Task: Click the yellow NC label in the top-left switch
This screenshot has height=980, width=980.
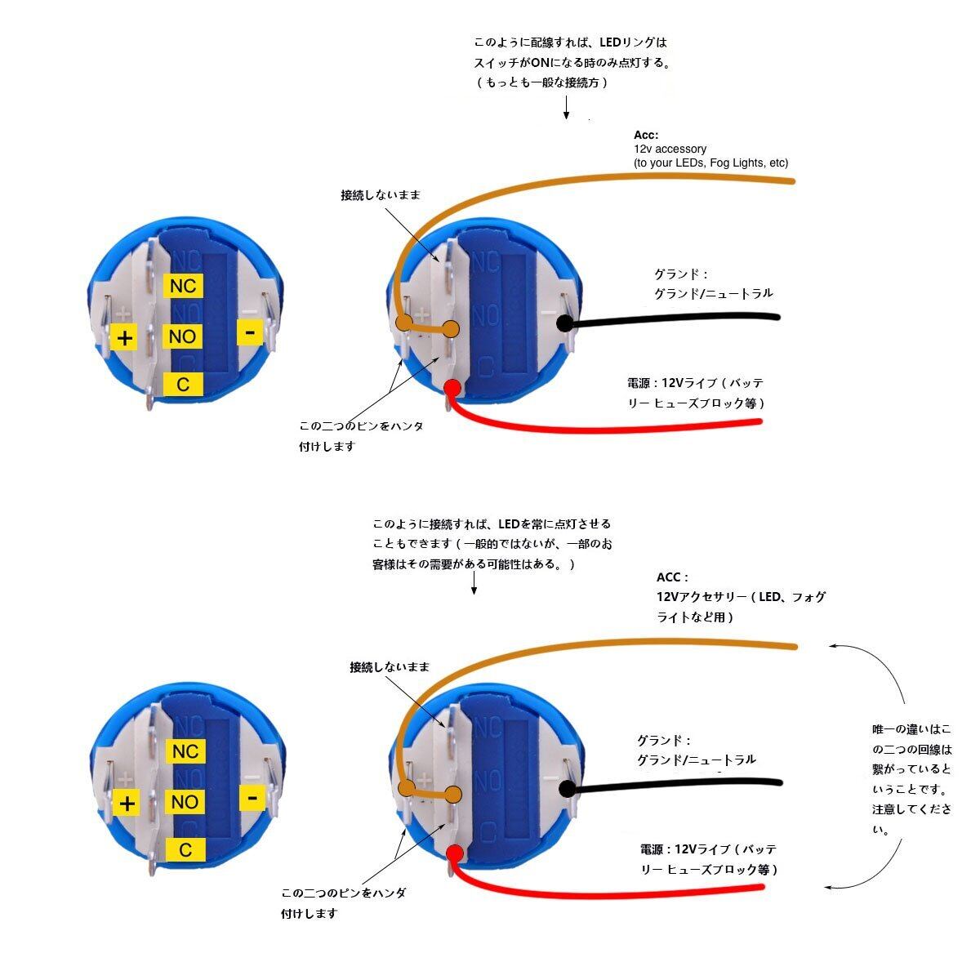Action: [183, 286]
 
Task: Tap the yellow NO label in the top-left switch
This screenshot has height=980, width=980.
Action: [183, 336]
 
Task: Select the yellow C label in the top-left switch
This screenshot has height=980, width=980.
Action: [183, 384]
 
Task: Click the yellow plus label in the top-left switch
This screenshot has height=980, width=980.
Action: [124, 337]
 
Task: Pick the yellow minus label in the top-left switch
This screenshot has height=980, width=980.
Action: [250, 332]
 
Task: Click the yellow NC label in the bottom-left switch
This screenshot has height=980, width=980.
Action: [185, 751]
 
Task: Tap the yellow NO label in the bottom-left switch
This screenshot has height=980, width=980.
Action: [185, 802]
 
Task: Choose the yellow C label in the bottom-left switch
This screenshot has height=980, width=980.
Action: [185, 850]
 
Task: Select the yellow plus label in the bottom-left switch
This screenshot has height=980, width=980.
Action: [127, 803]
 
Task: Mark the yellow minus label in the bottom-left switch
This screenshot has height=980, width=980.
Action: [252, 797]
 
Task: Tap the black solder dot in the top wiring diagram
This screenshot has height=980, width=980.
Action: [564, 323]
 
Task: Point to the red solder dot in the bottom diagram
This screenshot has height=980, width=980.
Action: [455, 853]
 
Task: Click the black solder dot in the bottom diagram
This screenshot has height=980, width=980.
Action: [568, 788]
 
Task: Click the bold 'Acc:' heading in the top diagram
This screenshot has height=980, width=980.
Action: [646, 135]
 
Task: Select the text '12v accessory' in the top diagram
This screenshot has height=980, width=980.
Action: [670, 149]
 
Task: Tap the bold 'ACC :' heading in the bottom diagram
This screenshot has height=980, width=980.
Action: [672, 577]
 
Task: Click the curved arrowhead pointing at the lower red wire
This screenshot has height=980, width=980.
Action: [830, 887]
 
